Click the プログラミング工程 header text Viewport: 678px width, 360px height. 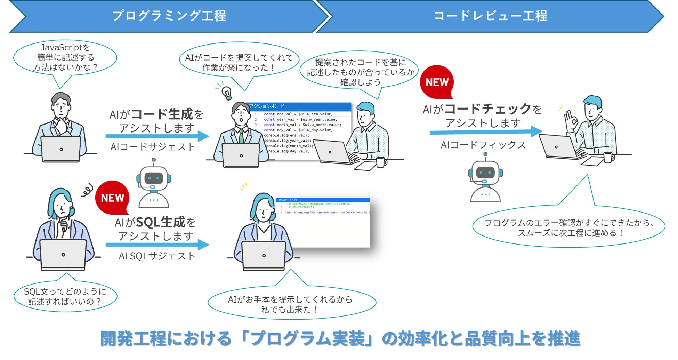[x=169, y=16]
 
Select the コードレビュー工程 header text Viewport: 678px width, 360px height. [x=490, y=16]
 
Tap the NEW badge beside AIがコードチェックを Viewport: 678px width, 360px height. [x=437, y=82]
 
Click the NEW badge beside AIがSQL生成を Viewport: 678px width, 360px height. [x=112, y=198]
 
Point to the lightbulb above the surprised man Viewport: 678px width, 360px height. [x=227, y=93]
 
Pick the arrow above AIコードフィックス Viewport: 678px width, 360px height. [x=485, y=132]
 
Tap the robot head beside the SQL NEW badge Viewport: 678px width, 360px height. [x=154, y=178]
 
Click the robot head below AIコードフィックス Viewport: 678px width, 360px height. [x=485, y=173]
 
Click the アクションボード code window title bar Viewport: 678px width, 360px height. [x=299, y=106]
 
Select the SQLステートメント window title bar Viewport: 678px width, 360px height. [x=322, y=200]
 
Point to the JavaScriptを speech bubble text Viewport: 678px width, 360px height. [x=65, y=57]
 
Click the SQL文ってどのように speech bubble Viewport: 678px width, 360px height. [x=65, y=296]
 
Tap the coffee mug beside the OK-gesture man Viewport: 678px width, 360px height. [x=608, y=158]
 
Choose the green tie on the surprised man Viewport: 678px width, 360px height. [x=241, y=136]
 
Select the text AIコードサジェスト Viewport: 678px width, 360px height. [x=153, y=147]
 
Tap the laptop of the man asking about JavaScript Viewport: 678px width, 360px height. [x=61, y=149]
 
